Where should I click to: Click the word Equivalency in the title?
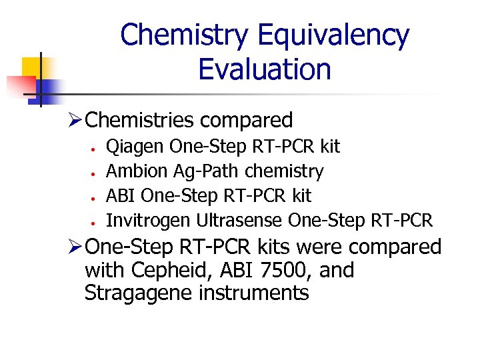[x=333, y=35]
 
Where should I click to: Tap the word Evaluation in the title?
[x=265, y=69]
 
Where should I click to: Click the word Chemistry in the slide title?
[x=184, y=35]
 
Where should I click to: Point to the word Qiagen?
[x=136, y=147]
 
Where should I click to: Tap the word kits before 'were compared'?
[x=269, y=247]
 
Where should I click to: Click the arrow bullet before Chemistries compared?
[x=76, y=121]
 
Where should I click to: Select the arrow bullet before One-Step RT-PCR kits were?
[x=76, y=248]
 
